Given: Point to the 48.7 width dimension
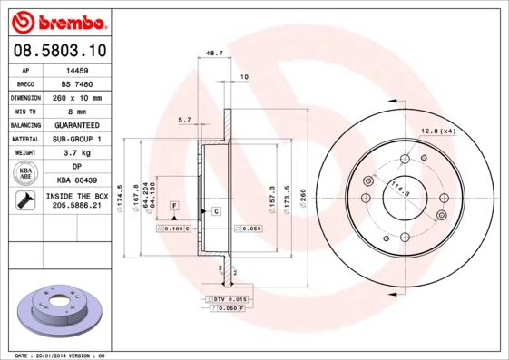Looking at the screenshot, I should coord(215,53).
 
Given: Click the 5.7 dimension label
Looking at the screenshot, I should coord(184,120).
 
